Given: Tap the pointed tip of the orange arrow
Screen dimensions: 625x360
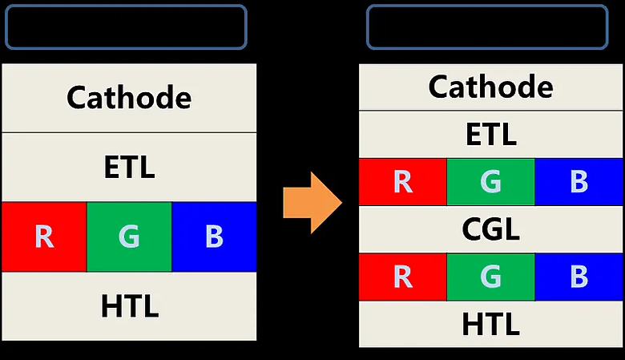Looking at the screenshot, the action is (342, 203).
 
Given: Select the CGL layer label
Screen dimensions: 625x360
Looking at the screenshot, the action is (490, 229).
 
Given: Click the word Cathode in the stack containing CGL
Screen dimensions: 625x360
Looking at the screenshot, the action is (490, 87).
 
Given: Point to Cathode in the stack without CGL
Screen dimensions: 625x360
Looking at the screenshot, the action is (129, 98).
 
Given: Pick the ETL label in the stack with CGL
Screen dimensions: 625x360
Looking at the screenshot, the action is (491, 135).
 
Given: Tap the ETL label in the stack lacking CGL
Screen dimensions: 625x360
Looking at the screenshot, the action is (129, 167).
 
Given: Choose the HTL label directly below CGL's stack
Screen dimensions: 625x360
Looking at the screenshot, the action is (490, 324).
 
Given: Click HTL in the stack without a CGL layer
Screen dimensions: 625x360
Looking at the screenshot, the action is (130, 306).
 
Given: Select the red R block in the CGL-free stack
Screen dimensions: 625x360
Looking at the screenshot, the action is (44, 237).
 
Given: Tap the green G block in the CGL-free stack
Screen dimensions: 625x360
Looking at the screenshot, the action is (129, 237).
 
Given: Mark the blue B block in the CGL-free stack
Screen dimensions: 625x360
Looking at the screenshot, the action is (214, 237).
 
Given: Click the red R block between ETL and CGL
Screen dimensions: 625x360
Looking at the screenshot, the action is (402, 182).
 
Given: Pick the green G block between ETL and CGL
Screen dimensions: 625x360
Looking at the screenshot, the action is (490, 182).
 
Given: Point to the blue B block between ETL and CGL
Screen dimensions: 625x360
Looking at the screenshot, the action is (579, 182).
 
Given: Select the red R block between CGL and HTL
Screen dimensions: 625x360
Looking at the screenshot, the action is (402, 277).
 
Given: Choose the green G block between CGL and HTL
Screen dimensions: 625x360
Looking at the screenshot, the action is (490, 277).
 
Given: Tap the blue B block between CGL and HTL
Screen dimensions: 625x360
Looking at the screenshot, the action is (579, 277).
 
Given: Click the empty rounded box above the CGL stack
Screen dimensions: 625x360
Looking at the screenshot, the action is (487, 6).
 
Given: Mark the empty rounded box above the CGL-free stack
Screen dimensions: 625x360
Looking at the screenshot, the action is (126, 6).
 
